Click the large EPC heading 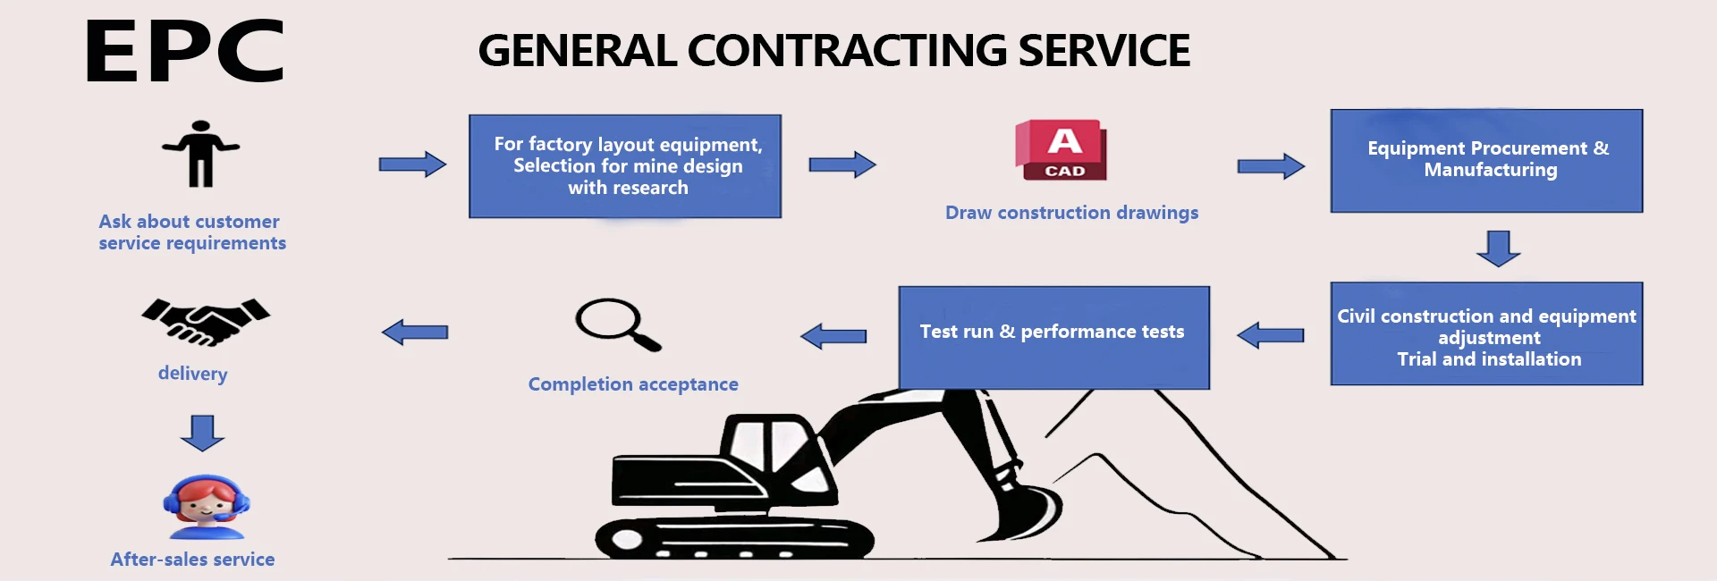pos(185,52)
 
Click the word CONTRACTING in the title pos(848,51)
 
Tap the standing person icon pos(201,154)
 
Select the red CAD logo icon pos(1061,149)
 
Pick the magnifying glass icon pos(617,324)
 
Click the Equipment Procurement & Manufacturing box pos(1486,161)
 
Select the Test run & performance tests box pos(1053,337)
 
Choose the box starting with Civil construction pos(1486,334)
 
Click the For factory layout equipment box pos(625,166)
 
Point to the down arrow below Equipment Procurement pos(1499,248)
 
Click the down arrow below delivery pos(202,432)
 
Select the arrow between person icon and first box pos(412,164)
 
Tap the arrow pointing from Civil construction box pos(1271,335)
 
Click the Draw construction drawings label pos(1071,213)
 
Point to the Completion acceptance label pos(633,384)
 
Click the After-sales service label pos(192,560)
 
